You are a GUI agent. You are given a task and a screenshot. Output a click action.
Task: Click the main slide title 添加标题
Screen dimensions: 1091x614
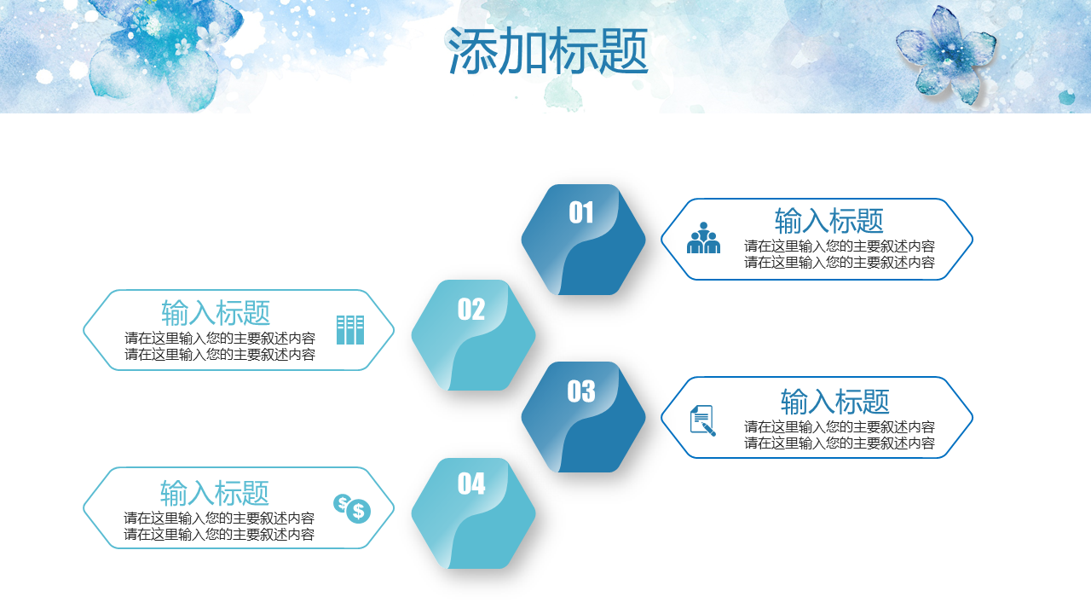(x=548, y=50)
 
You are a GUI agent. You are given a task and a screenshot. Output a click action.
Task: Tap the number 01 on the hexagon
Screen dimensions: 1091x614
(x=581, y=213)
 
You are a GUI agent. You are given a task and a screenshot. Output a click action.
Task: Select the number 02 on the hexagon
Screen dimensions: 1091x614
(x=471, y=309)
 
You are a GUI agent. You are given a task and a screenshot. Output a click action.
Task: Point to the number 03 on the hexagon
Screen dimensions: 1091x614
(x=581, y=391)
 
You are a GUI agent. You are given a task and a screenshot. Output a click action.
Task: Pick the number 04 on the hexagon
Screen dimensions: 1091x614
(x=471, y=484)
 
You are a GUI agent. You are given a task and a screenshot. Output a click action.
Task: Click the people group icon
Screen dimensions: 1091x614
(x=703, y=238)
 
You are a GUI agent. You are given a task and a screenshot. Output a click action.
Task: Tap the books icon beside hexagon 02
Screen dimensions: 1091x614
(x=350, y=330)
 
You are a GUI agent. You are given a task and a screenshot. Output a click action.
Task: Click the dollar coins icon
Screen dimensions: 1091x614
(x=352, y=509)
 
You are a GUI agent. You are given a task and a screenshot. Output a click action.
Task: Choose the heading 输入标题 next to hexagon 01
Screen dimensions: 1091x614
(x=829, y=221)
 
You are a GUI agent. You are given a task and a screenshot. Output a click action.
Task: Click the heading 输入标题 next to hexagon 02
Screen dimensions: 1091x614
(x=216, y=313)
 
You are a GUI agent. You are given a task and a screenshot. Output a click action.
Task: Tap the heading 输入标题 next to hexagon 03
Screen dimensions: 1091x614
(x=834, y=402)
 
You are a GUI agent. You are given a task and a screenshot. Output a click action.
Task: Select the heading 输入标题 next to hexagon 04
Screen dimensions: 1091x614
(x=215, y=493)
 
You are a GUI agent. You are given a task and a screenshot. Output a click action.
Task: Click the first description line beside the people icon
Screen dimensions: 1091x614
(x=840, y=246)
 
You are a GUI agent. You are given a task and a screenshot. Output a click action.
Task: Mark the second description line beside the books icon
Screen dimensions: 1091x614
(x=220, y=354)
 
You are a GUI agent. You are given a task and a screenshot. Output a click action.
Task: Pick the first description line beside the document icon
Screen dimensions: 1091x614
(x=840, y=427)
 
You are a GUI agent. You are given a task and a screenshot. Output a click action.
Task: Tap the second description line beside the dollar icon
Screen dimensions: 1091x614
(x=219, y=535)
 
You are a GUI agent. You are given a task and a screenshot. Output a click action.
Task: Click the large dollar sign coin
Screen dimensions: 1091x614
(x=359, y=512)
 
